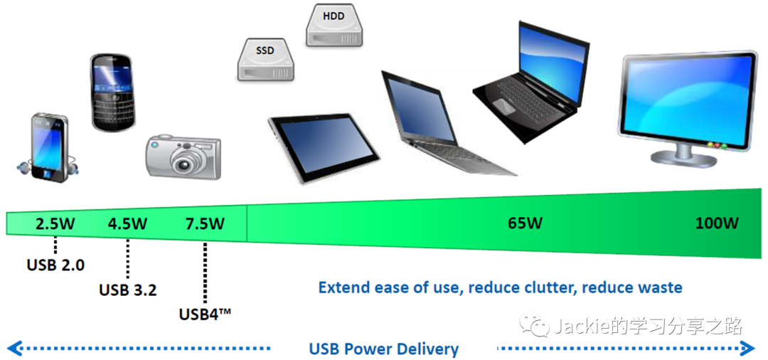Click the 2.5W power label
click(x=55, y=223)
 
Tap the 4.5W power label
click(x=128, y=223)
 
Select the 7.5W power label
click(x=205, y=223)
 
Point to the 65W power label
click(x=525, y=223)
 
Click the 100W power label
click(x=717, y=223)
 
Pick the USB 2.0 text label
click(x=55, y=265)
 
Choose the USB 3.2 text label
click(x=128, y=290)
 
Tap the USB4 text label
click(x=206, y=313)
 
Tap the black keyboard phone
click(x=112, y=92)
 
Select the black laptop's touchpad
click(x=503, y=105)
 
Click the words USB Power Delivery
click(x=383, y=349)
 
